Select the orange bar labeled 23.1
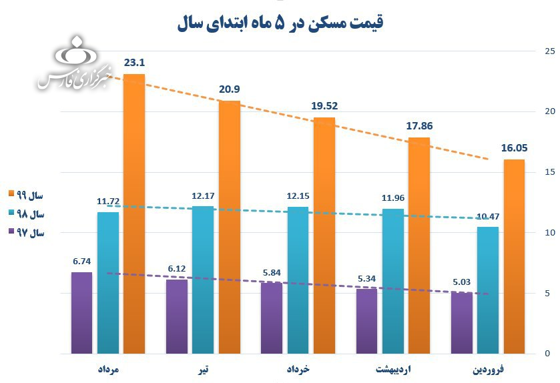tap(133, 214)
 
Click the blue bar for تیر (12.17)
tap(203, 280)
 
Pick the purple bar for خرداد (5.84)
tap(272, 318)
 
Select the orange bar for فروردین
tap(513, 256)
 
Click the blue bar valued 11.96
tap(392, 281)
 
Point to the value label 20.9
tap(230, 89)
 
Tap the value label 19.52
tap(325, 106)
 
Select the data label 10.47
tap(488, 216)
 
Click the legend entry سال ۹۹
tap(27, 195)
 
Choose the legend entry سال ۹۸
tap(27, 214)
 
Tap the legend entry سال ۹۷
tap(27, 234)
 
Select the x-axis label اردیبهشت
tap(394, 369)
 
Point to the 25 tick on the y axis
tap(549, 51)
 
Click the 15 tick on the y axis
tap(549, 172)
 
